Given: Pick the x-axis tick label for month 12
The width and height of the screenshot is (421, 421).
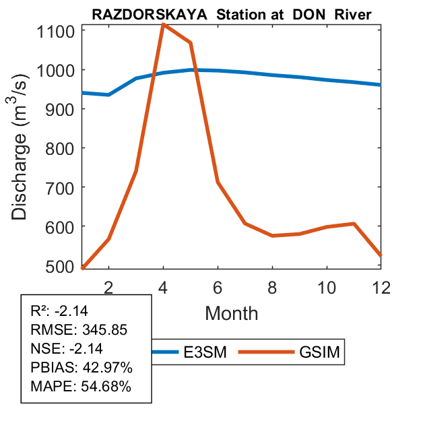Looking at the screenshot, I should pos(381,286).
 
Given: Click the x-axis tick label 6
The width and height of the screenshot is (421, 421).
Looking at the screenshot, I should pos(218,286).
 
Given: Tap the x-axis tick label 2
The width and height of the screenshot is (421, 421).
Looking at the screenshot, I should pos(108,286).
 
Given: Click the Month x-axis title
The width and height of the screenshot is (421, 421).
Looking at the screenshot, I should pos(231,313).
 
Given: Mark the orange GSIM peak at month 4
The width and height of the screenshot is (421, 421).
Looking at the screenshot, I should pos(163,25).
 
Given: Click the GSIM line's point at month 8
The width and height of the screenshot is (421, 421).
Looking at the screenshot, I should pos(272,236).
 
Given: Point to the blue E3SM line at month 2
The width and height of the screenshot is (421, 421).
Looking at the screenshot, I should pos(108,94).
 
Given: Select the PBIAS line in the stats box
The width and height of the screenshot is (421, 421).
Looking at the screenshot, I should pos(80,368).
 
